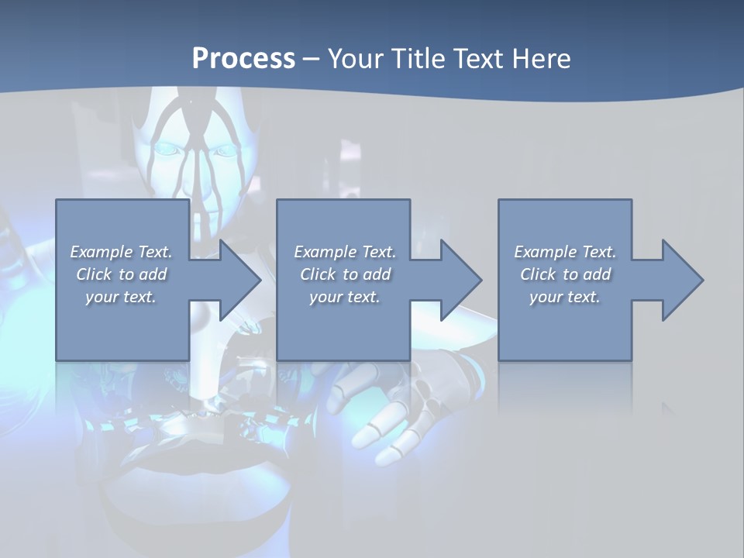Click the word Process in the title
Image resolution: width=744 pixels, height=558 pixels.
(243, 59)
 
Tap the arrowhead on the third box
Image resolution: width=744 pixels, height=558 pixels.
(681, 280)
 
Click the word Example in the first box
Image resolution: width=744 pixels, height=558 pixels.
(102, 252)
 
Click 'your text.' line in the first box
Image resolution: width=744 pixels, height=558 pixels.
(121, 297)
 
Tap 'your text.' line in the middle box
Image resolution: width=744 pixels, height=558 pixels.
(344, 297)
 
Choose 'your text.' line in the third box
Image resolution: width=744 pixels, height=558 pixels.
(565, 297)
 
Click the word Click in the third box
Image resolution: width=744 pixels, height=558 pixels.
(538, 274)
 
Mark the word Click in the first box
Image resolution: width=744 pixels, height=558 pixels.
(94, 274)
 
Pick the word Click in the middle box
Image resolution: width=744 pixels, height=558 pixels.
(318, 274)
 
